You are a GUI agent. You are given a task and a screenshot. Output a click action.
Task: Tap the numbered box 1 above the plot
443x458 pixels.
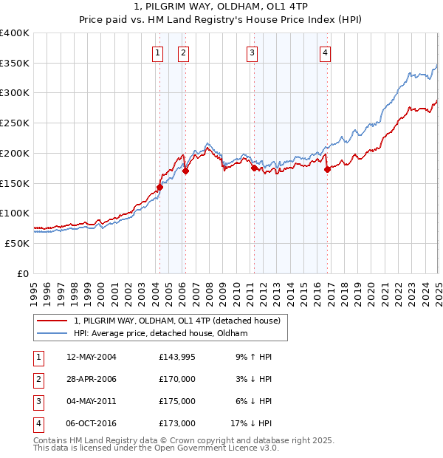pos(158,52)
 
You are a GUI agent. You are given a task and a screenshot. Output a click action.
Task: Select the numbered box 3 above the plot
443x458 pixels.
pos(253,52)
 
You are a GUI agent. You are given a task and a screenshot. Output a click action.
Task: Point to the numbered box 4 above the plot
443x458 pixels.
pos(326,52)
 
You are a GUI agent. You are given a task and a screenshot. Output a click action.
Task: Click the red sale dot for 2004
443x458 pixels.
pos(159,187)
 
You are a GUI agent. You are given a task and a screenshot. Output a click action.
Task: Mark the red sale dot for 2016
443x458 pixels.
pos(327,169)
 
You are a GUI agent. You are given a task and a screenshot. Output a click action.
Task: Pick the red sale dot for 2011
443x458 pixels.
pos(254,168)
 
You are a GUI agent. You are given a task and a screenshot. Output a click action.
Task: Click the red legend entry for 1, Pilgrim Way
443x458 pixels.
pos(177,321)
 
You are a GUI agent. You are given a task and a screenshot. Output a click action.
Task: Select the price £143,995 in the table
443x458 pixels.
pos(176,357)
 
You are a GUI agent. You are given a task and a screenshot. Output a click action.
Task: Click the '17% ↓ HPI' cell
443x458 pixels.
pos(251,423)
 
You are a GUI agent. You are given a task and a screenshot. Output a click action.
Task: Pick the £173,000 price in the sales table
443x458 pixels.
pos(176,423)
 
